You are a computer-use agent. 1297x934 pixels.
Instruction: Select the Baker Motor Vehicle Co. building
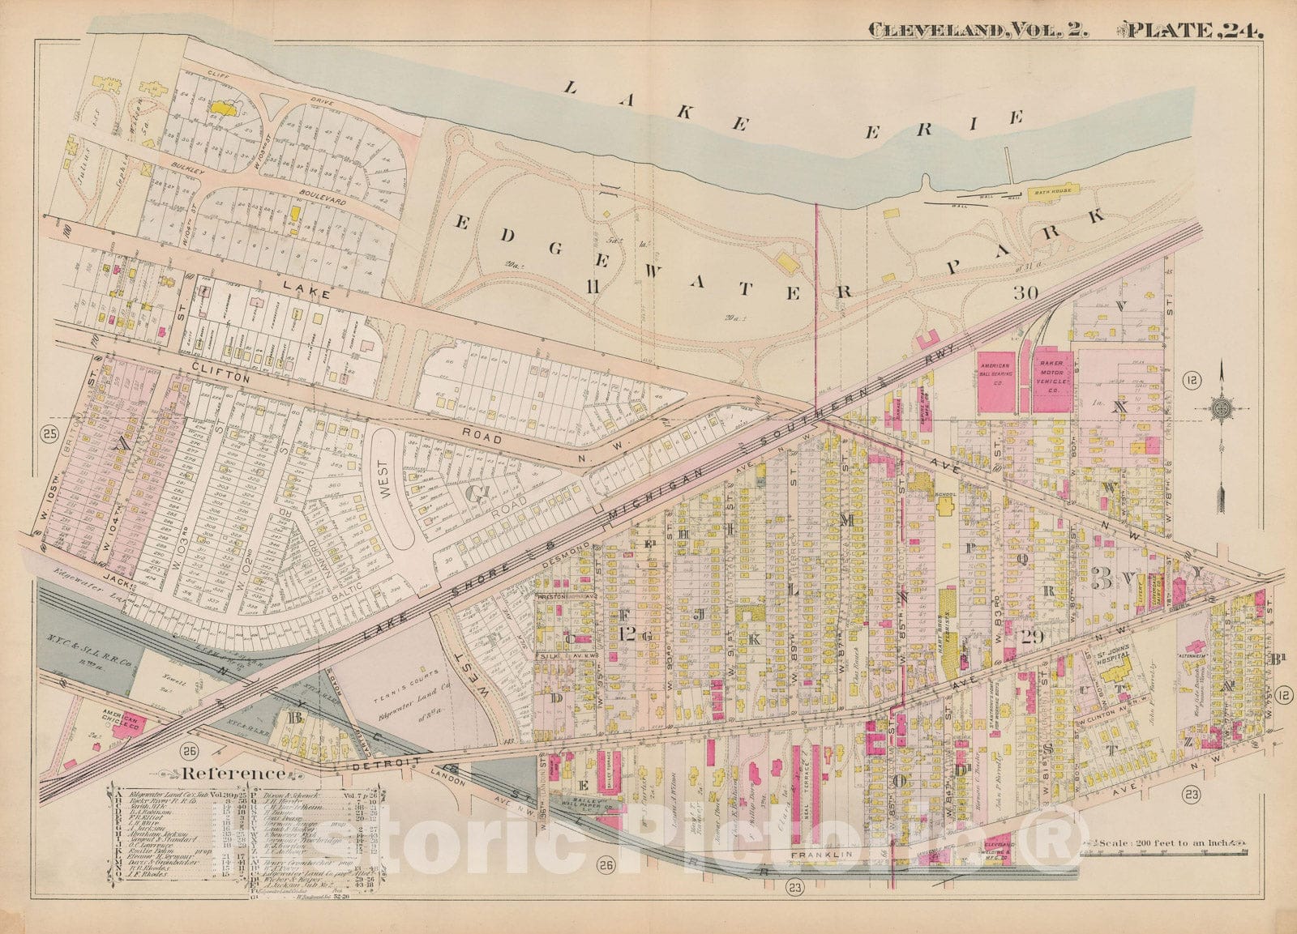[x=1053, y=379]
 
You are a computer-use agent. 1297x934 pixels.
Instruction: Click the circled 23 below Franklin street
[x=794, y=889]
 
